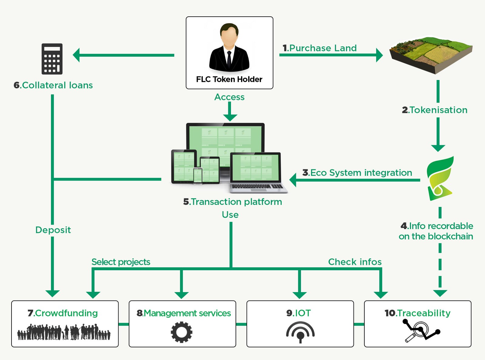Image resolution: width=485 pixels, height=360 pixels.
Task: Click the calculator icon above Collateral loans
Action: pyautogui.click(x=52, y=59)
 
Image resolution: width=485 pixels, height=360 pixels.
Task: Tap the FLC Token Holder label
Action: pyautogui.click(x=229, y=79)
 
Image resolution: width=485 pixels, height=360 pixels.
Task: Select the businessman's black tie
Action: pyautogui.click(x=229, y=59)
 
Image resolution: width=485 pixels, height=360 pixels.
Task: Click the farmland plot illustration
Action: pyautogui.click(x=431, y=55)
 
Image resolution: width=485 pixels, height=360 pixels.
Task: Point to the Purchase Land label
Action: pyautogui.click(x=320, y=48)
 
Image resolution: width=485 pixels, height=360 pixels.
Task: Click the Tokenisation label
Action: pyautogui.click(x=435, y=110)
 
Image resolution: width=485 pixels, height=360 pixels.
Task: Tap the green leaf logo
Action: pyautogui.click(x=440, y=178)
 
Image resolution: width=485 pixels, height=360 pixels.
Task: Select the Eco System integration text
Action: pyautogui.click(x=357, y=173)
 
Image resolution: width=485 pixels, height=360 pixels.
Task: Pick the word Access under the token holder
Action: pyautogui.click(x=229, y=97)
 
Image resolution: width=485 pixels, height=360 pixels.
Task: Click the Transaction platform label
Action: pyautogui.click(x=232, y=202)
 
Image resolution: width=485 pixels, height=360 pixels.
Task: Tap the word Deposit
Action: pyautogui.click(x=53, y=230)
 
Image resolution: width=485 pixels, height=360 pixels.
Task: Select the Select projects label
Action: pyautogui.click(x=121, y=262)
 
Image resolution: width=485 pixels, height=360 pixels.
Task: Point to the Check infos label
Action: pyautogui.click(x=355, y=262)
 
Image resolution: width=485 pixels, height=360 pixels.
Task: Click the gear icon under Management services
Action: pyautogui.click(x=182, y=332)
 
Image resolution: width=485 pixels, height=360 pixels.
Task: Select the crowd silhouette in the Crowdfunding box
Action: pyautogui.click(x=64, y=332)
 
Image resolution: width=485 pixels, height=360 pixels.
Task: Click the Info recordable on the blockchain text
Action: pyautogui.click(x=436, y=231)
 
